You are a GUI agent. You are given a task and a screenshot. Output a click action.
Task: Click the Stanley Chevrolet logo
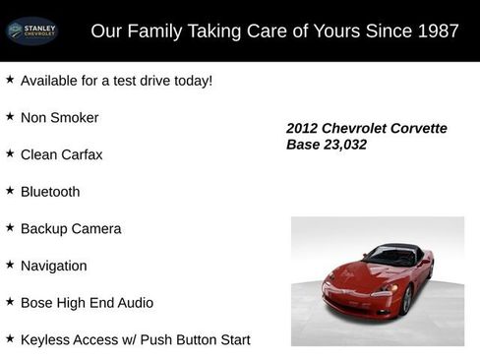click(32, 31)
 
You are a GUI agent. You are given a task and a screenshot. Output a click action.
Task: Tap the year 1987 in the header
click(438, 31)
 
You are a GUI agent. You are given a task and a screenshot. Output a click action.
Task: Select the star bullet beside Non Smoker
click(10, 116)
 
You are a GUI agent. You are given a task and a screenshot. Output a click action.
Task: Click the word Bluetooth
click(50, 192)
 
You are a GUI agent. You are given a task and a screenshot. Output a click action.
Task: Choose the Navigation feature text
click(54, 266)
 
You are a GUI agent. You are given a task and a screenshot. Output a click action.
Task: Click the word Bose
click(38, 303)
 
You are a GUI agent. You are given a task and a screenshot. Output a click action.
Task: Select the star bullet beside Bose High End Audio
click(10, 302)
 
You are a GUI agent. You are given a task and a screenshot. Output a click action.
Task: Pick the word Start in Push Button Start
click(233, 340)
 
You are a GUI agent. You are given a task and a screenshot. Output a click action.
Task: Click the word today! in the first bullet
click(190, 81)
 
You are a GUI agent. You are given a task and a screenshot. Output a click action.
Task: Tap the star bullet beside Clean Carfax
click(10, 153)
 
